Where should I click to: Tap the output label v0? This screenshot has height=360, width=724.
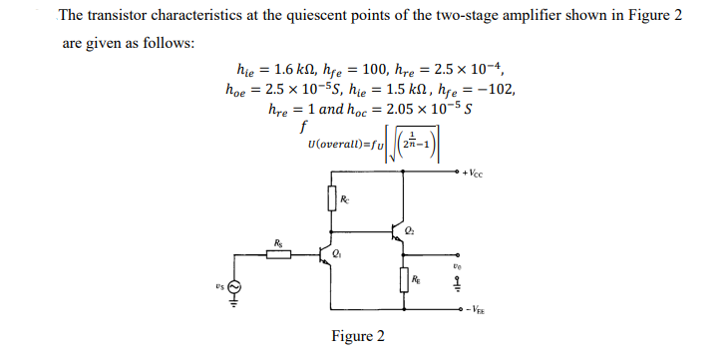click(457, 266)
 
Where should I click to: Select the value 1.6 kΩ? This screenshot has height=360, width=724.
click(286, 69)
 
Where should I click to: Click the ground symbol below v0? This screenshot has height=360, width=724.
click(458, 285)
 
